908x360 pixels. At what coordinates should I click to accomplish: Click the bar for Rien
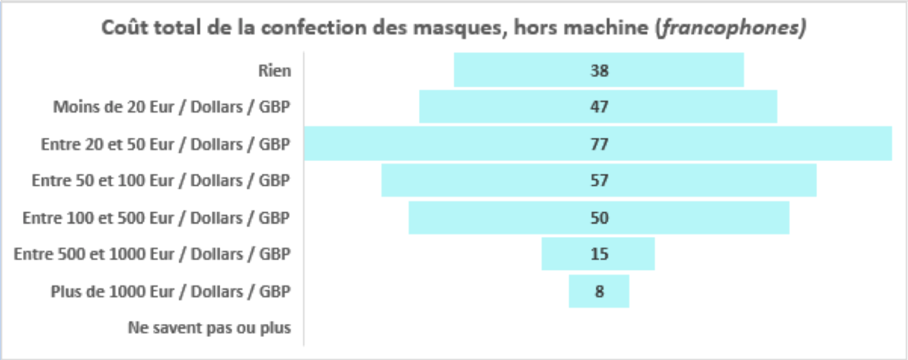click(x=599, y=70)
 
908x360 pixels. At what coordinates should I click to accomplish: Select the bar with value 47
click(x=599, y=106)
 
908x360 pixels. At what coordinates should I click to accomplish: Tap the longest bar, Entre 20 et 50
click(x=598, y=144)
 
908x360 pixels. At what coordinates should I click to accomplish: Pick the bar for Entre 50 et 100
click(x=599, y=180)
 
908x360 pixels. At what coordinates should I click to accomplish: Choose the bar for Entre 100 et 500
click(x=599, y=217)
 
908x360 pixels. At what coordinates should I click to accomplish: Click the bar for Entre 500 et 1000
click(x=598, y=254)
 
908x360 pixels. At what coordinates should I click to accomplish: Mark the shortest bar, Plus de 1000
click(x=599, y=291)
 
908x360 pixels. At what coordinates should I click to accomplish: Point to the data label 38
click(x=599, y=70)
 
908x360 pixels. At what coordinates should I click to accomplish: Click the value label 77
click(x=599, y=144)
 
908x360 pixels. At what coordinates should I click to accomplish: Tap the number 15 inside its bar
click(x=599, y=254)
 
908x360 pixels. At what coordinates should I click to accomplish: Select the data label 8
click(x=599, y=291)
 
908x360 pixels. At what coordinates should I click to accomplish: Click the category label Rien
click(x=275, y=70)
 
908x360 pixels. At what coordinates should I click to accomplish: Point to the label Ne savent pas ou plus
click(x=210, y=328)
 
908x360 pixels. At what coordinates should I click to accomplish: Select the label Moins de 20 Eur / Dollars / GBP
click(x=172, y=107)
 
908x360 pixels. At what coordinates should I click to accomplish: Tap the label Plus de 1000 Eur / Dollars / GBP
click(x=171, y=291)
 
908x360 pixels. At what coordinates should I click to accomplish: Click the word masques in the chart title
click(x=460, y=28)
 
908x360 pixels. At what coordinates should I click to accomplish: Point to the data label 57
click(x=599, y=181)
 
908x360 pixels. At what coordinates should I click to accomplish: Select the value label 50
click(x=599, y=218)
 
